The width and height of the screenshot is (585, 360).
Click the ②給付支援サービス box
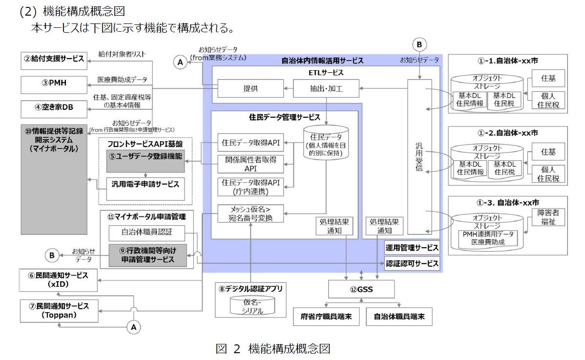53,59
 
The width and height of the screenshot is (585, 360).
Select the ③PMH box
53,84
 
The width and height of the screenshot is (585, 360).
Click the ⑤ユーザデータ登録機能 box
145,157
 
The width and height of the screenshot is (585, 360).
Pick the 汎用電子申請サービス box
145,184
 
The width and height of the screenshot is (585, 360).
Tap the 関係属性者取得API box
251,164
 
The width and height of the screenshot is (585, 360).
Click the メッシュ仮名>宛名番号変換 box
251,214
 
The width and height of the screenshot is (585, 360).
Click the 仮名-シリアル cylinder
252,305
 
